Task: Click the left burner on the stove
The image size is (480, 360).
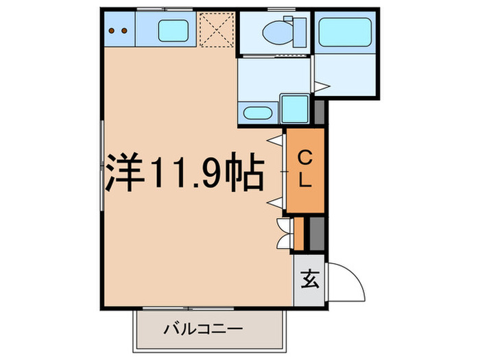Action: point(114,30)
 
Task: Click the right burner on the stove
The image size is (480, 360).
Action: point(124,30)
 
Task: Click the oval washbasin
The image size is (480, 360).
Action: point(257,113)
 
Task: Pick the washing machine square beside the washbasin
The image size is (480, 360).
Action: point(296,109)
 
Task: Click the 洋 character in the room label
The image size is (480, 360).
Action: point(124,175)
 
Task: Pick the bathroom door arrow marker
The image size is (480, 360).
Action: point(324,85)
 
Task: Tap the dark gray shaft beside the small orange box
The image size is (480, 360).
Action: point(316,233)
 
